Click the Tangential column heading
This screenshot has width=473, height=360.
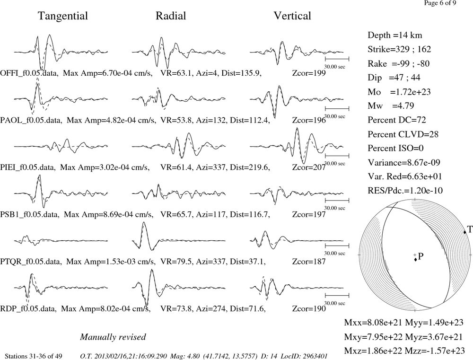pos(63,16)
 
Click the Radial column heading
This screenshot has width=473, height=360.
pos(171,16)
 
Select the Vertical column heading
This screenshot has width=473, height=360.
pos(292,16)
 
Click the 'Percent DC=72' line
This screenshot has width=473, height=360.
pos(397,120)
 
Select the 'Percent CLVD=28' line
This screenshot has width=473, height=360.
pos(403,134)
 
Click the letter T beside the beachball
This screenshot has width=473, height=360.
pos(470,229)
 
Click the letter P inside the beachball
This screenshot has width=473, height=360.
pos(421,256)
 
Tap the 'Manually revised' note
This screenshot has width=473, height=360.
pos(113,337)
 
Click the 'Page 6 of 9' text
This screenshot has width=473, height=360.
pos(440,3)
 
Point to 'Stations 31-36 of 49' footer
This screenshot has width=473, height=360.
pos(34,356)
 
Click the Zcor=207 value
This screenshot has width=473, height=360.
pos(309,167)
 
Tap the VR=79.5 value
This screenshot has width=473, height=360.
pos(176,261)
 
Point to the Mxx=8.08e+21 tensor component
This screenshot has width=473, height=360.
pos(373,323)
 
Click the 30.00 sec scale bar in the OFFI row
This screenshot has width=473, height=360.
pos(337,59)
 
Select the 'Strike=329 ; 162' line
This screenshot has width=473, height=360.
pos(399,49)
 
